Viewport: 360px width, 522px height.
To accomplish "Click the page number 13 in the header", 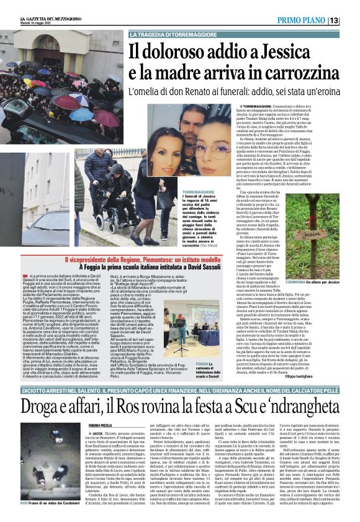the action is coord(351,20).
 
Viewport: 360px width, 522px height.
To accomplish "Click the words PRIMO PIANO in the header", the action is coord(315,20).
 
